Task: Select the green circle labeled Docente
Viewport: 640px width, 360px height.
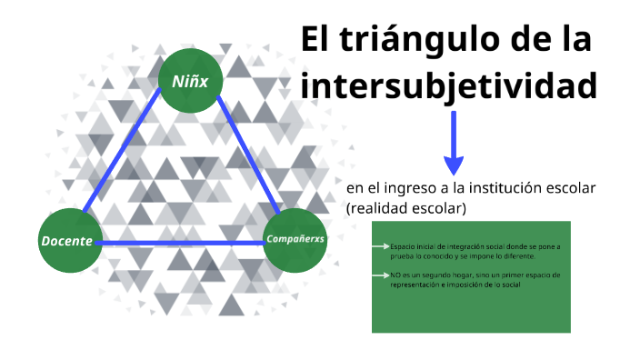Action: tap(69, 241)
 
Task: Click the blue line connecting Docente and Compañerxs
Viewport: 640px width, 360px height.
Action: tap(182, 243)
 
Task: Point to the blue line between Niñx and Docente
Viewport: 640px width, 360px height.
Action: tap(127, 155)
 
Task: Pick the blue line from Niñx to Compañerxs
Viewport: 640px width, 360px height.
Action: tap(245, 155)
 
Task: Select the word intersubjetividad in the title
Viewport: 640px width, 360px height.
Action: tap(449, 87)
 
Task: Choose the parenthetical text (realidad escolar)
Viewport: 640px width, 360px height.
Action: tap(406, 208)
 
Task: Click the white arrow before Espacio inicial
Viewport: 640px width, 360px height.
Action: tap(381, 246)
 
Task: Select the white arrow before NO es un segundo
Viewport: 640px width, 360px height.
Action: tap(381, 275)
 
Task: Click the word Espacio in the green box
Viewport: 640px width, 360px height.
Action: tap(400, 246)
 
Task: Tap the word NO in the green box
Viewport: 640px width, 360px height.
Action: tap(395, 275)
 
